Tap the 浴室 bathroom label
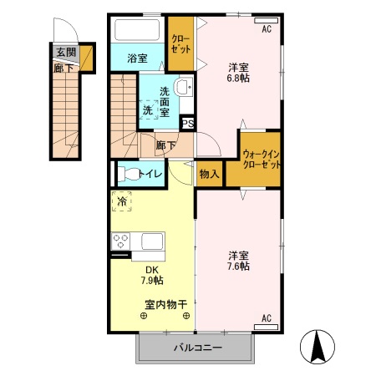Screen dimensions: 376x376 (x=138, y=58)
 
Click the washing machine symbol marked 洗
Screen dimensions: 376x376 (x=147, y=109)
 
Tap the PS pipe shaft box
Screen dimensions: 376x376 (x=188, y=124)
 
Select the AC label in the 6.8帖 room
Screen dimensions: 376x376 (x=267, y=29)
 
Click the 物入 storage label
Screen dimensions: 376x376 (x=209, y=174)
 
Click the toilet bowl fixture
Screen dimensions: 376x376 (x=128, y=175)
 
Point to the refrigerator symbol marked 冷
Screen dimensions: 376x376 (x=121, y=201)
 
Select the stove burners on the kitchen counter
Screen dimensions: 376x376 (x=121, y=241)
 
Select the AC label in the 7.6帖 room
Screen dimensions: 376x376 (x=267, y=318)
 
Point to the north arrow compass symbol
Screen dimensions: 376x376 (x=319, y=345)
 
